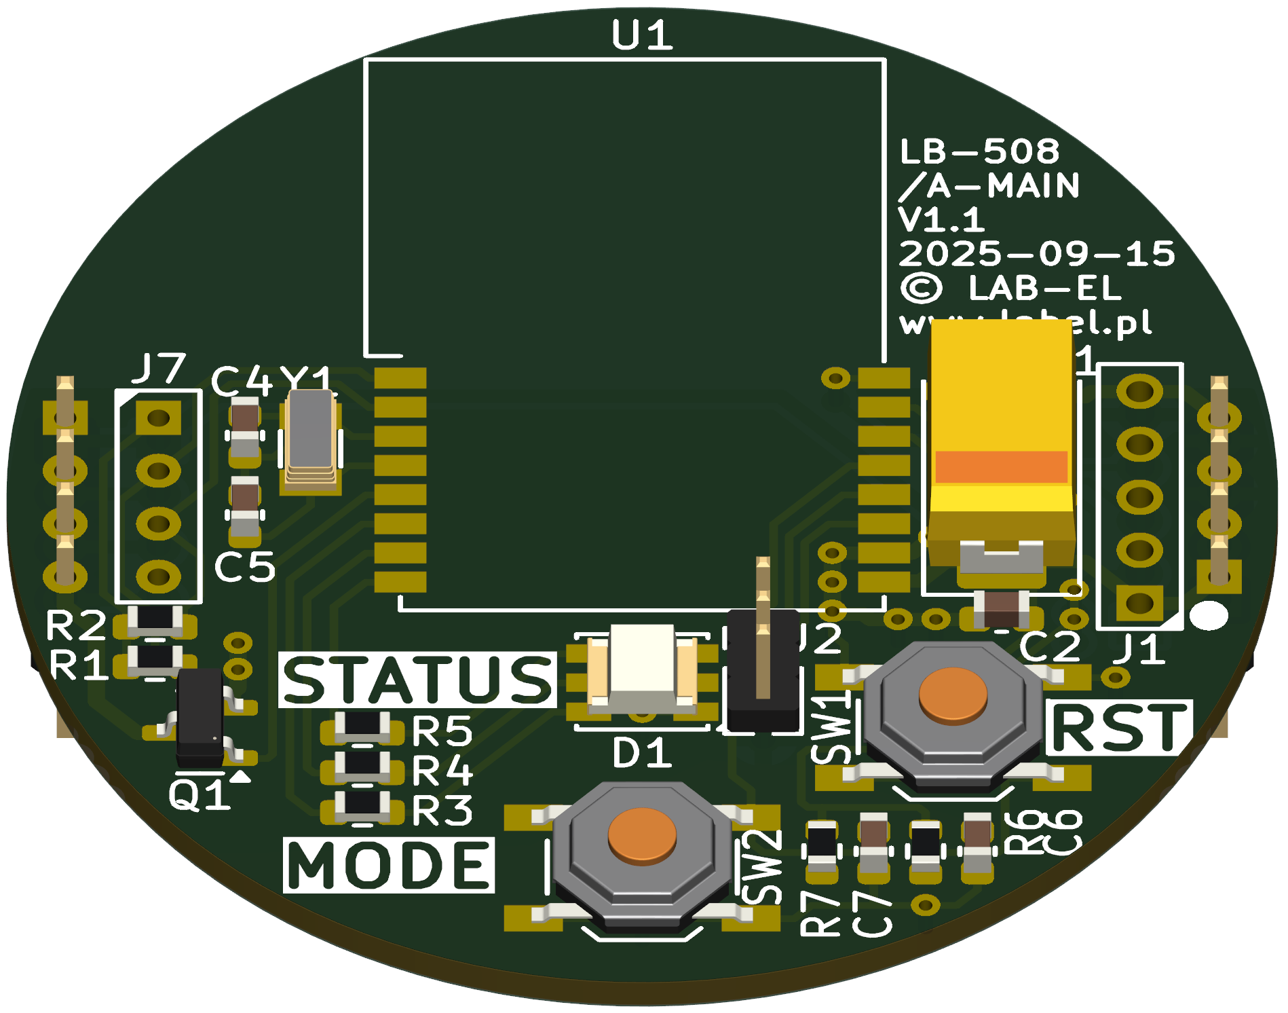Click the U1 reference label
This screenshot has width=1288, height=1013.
click(x=642, y=35)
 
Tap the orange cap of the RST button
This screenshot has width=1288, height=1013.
click(x=953, y=694)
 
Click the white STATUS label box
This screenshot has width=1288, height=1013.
click(x=417, y=680)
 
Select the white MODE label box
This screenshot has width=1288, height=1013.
click(x=389, y=865)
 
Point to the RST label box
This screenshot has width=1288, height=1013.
click(x=1119, y=728)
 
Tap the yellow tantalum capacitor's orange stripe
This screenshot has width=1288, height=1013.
click(x=1001, y=466)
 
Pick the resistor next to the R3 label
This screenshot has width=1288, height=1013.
click(x=363, y=805)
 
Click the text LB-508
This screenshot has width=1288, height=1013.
click(x=979, y=151)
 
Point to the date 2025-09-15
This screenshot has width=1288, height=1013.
click(x=1036, y=254)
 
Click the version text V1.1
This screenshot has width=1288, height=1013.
click(x=941, y=219)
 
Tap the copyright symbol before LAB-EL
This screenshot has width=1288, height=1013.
click(x=921, y=288)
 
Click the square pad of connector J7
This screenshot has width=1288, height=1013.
click(x=159, y=417)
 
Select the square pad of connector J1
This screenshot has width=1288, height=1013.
click(x=1139, y=602)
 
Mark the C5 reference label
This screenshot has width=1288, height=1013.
click(x=244, y=567)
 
